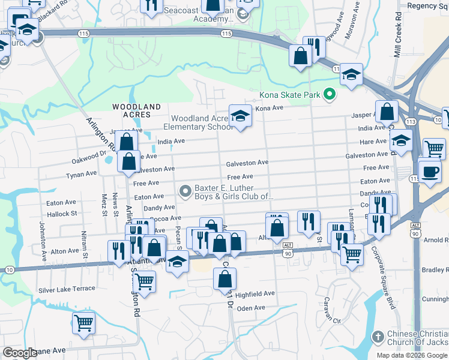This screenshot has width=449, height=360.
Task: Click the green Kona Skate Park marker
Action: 328,94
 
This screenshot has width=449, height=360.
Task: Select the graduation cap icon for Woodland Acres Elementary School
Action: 240,115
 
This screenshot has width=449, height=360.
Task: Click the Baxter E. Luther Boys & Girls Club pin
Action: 186,191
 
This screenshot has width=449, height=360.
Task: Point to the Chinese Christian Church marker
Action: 378,337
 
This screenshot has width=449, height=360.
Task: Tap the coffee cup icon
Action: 429,171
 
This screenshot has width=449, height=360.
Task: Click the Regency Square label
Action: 427,6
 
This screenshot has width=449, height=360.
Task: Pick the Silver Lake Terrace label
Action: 67,289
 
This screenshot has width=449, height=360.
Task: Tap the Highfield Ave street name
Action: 255,294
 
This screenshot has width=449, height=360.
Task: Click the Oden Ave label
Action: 251,308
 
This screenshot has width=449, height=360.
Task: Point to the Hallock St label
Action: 62,214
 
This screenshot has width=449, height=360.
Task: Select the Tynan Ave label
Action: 81,174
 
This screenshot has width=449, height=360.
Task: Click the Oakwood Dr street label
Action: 92,161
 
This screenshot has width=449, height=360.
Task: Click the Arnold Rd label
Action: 436,240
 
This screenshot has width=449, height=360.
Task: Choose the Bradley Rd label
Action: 435,270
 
